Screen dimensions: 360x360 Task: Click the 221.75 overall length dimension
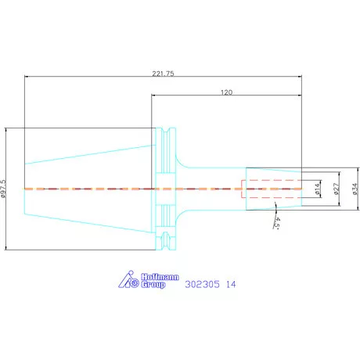coord(163,74)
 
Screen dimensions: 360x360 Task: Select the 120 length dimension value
coord(226,92)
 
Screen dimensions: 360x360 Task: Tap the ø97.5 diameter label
coord(3,189)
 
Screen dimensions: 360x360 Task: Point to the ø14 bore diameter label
coord(317,189)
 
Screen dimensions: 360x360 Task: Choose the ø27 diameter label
coord(337,189)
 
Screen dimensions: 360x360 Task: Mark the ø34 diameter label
coord(355,189)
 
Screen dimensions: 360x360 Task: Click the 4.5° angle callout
coord(276,223)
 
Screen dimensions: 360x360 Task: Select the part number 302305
coord(202,284)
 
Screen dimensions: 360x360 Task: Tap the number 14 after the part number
coord(231,284)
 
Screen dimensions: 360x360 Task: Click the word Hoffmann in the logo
coord(160,277)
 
